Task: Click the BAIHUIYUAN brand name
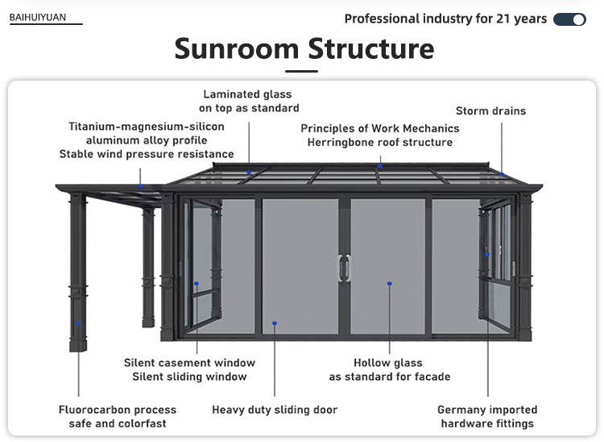[38, 17]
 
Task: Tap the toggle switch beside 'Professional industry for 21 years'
[569, 19]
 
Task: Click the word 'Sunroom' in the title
[236, 49]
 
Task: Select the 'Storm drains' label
[490, 110]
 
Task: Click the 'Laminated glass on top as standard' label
[249, 101]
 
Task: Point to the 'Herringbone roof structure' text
[380, 142]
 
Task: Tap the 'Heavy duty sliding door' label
[275, 410]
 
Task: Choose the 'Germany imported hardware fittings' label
[487, 416]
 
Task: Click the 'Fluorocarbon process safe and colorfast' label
[118, 416]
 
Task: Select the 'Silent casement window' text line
[189, 363]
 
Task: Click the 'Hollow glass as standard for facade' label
[389, 369]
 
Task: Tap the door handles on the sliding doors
[345, 268]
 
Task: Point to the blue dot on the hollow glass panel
[390, 283]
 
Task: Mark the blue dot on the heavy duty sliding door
[275, 323]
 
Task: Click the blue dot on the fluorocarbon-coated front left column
[79, 324]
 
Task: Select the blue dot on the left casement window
[197, 283]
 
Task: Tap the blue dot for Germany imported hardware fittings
[487, 254]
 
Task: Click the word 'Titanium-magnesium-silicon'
[147, 127]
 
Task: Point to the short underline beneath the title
[302, 72]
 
